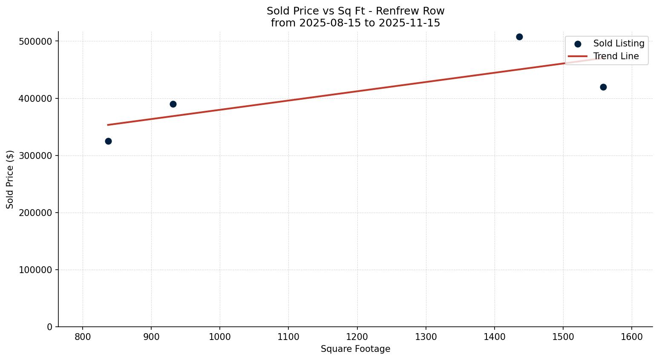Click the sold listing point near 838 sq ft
tap(108, 141)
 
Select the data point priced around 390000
tap(173, 104)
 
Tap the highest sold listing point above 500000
tap(519, 37)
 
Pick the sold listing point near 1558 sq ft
tap(603, 87)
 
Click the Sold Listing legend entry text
tap(619, 43)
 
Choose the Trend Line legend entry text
tap(616, 56)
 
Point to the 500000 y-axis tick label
tap(36, 41)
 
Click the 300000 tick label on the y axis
tap(36, 156)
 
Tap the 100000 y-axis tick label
tap(36, 270)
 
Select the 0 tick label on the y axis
tap(50, 327)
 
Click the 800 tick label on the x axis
tap(83, 337)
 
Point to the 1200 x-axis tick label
tap(357, 337)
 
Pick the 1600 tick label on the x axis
tap(632, 337)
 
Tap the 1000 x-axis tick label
tap(220, 337)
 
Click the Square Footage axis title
tap(355, 349)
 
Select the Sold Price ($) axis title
tap(10, 179)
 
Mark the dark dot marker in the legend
tap(578, 44)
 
